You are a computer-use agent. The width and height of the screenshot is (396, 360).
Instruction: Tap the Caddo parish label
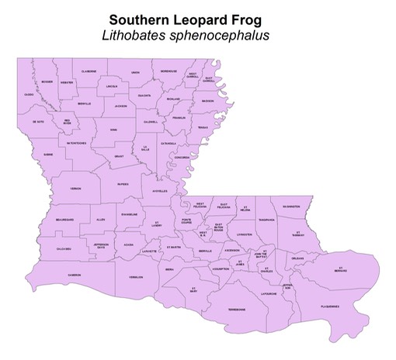pos(29,95)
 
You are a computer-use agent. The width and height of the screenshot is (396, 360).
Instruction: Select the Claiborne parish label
pos(89,71)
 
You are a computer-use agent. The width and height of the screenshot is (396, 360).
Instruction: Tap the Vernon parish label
pos(75,189)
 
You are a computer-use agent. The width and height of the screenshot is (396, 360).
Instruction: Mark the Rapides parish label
pos(123,185)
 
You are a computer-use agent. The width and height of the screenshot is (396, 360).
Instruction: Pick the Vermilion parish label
pos(135,278)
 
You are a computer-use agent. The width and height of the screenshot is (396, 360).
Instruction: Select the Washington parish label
pos(290,207)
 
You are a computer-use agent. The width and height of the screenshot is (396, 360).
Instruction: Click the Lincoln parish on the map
pos(112,86)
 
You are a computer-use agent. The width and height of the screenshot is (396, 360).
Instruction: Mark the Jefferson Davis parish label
pos(101,246)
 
